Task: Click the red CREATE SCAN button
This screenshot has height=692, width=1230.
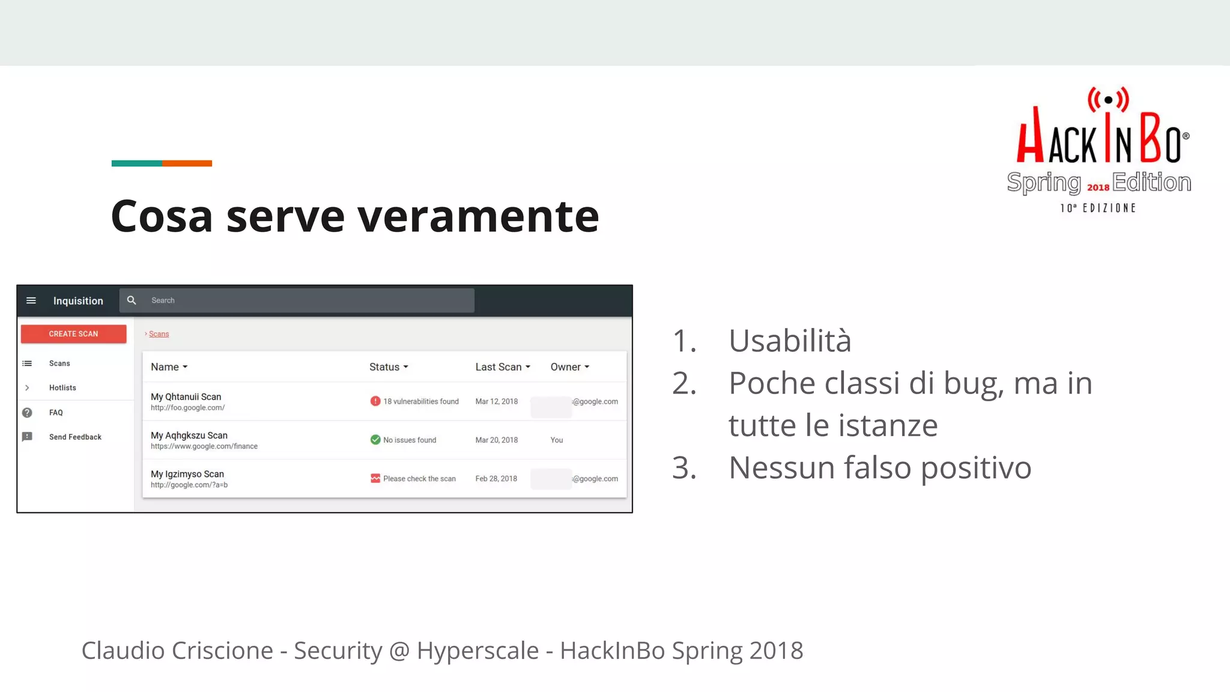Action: tap(73, 334)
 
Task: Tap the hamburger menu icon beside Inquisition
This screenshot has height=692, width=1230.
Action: tap(31, 300)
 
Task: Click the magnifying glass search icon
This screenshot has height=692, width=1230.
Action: tap(132, 300)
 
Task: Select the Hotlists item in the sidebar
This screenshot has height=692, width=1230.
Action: tap(62, 388)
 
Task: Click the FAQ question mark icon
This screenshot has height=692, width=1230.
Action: tap(27, 413)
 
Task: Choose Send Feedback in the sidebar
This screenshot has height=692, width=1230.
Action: tap(75, 437)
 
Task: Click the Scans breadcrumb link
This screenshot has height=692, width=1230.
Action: tap(159, 334)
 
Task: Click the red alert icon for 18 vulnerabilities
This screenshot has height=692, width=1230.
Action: tap(375, 401)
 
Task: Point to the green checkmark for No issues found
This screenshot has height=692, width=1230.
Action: tap(375, 440)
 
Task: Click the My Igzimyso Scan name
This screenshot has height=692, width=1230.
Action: tap(187, 474)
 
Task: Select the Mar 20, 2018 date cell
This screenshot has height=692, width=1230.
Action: tap(496, 440)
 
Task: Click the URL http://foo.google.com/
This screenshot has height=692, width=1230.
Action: tap(187, 408)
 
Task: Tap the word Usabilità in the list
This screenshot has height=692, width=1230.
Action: tap(790, 341)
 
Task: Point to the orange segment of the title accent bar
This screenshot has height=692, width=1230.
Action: tap(187, 163)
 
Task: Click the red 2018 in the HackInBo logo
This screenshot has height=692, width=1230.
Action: tap(1098, 187)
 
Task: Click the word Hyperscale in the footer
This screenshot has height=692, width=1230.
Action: tap(477, 651)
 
